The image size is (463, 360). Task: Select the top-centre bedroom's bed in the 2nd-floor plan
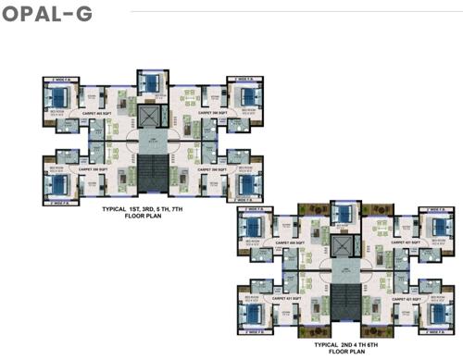(344, 216)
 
